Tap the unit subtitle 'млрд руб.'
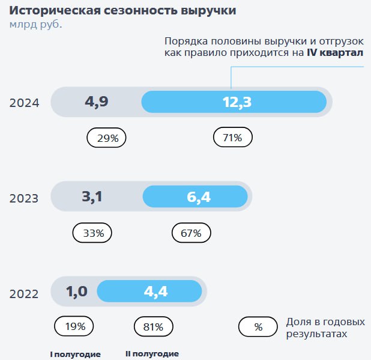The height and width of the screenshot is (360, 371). [35, 25]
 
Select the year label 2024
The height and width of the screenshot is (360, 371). [24, 103]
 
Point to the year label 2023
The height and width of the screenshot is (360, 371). [24, 198]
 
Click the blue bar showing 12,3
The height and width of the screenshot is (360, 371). [234, 102]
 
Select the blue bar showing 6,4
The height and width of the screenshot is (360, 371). [196, 197]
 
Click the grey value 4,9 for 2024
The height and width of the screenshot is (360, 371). [96, 102]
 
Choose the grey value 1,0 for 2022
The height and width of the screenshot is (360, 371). [77, 292]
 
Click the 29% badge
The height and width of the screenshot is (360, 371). [107, 138]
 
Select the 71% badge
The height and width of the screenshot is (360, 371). [233, 138]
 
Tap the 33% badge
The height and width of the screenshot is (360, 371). [92, 233]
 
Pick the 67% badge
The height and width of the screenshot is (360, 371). [191, 233]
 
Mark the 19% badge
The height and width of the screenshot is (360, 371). [74, 327]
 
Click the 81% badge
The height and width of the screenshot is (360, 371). [153, 327]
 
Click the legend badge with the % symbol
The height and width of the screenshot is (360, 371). [258, 327]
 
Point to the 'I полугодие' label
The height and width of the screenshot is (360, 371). [75, 354]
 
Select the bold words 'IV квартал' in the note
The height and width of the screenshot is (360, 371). [335, 53]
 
